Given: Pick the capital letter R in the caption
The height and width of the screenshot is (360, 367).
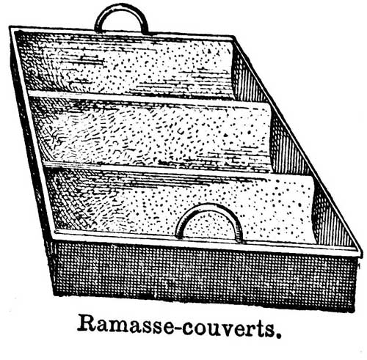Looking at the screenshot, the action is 87,324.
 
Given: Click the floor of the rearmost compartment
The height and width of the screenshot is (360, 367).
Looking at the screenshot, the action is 127,64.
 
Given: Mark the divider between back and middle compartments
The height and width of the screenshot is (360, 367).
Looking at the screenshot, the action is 147,98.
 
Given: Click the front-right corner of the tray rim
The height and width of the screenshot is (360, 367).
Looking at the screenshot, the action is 362,255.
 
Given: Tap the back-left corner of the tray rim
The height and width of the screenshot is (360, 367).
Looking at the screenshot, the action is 10,27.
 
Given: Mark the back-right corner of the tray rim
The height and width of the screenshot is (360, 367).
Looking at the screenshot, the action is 235,37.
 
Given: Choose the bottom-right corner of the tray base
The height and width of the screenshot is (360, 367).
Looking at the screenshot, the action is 355,311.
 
